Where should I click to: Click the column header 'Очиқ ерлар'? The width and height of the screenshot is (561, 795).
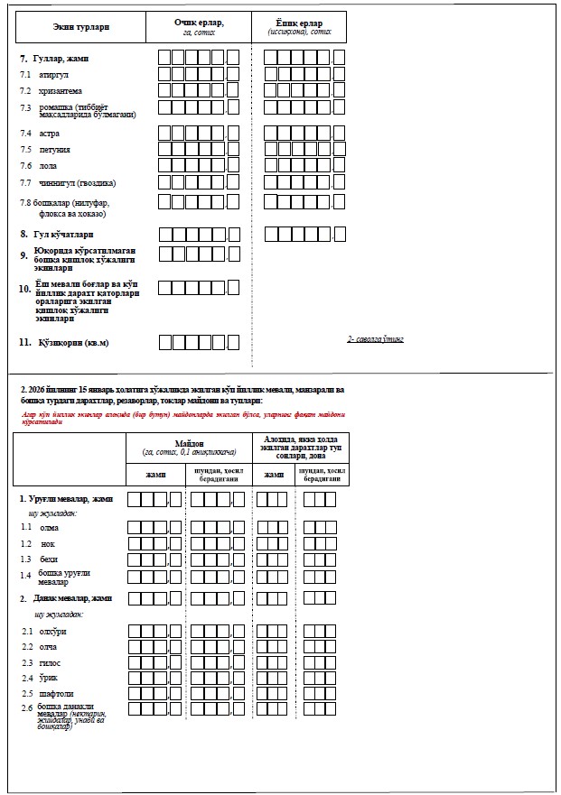click(199, 22)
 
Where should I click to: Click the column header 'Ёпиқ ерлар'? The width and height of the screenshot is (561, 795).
click(298, 22)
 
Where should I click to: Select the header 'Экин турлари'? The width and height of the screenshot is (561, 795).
click(81, 28)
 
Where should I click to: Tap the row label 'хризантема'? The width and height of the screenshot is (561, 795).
click(61, 91)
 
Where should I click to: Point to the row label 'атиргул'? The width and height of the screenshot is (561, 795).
click(53, 75)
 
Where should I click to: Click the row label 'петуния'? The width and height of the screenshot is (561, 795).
click(55, 150)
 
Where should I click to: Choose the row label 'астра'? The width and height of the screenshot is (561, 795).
click(50, 134)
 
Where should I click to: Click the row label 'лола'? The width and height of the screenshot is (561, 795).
click(48, 166)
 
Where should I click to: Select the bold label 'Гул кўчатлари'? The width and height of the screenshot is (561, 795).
click(63, 235)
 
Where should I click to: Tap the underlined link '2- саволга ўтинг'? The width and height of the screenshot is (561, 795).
click(375, 339)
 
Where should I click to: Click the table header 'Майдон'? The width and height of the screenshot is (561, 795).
click(189, 443)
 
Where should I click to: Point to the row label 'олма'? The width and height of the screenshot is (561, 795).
click(50, 527)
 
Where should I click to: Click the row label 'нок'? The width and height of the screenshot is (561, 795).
click(48, 544)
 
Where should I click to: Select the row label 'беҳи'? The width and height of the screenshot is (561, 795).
click(49, 560)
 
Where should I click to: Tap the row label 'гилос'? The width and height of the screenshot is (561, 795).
click(51, 662)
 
